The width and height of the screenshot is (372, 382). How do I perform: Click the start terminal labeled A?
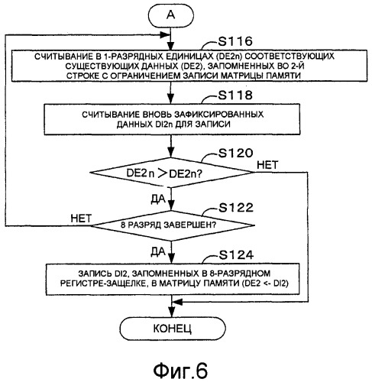[x=171, y=15]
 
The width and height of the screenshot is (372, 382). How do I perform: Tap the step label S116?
[x=235, y=41]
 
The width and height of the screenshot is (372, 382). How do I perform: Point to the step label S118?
[x=235, y=95]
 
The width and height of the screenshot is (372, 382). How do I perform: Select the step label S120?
[x=235, y=153]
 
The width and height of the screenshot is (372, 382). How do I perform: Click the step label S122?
[x=236, y=208]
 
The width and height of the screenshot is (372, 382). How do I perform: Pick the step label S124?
[x=236, y=255]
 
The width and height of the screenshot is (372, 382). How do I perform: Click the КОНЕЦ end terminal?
[x=173, y=329]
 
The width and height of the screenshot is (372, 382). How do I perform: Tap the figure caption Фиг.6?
[x=180, y=371]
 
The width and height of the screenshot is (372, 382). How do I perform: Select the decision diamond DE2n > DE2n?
[x=172, y=173]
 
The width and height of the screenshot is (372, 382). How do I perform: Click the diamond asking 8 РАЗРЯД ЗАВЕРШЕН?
[x=173, y=225]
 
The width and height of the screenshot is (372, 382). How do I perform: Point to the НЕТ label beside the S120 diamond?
[x=267, y=165]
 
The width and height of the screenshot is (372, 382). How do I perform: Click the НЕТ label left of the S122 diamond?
[x=81, y=219]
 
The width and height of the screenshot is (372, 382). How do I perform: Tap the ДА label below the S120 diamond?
[x=158, y=199]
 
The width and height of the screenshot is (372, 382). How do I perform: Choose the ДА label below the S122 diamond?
[x=158, y=252]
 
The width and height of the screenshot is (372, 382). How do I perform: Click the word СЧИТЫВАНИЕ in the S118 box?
[x=111, y=115]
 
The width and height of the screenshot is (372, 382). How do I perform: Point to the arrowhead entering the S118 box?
[x=171, y=99]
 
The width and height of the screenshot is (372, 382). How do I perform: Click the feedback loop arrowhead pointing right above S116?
[x=165, y=35]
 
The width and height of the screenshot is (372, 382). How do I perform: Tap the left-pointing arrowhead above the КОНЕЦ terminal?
[x=177, y=302]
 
